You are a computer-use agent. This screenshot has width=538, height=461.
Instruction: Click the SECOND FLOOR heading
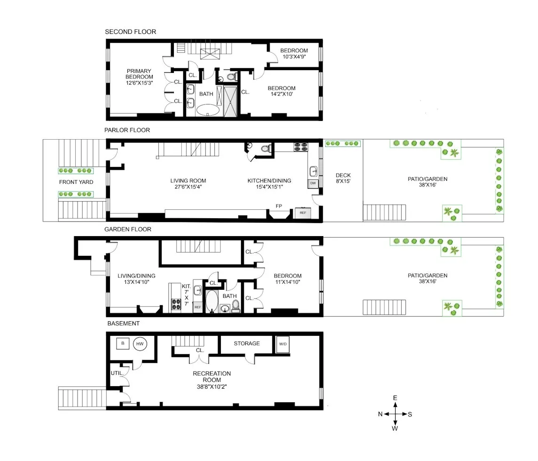pos(130,32)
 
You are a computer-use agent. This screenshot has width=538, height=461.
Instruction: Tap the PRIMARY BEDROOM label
pos(139,77)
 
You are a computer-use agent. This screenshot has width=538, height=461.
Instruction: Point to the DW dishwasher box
pos(312,183)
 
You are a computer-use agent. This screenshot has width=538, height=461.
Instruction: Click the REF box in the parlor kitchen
pos(303,213)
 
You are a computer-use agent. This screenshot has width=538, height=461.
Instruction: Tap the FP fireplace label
pos(279,206)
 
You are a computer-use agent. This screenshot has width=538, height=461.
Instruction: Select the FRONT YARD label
pos(76,182)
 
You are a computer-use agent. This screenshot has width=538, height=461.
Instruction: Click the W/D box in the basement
pos(283,344)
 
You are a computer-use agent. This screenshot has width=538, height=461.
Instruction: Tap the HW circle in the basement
pos(140,344)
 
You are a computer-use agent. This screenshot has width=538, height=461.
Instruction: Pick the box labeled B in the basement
pos(123,344)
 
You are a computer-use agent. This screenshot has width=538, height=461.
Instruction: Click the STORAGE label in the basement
pos(247,343)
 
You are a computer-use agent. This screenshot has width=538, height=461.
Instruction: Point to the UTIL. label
pos(117,373)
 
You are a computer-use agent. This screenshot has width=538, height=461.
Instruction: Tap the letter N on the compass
pos(380,414)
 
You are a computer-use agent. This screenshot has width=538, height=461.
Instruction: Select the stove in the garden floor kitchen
pos(177,304)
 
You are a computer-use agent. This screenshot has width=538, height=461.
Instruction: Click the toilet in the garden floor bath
pos(235,306)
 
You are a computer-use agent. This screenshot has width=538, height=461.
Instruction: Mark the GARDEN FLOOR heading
pos(128,229)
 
